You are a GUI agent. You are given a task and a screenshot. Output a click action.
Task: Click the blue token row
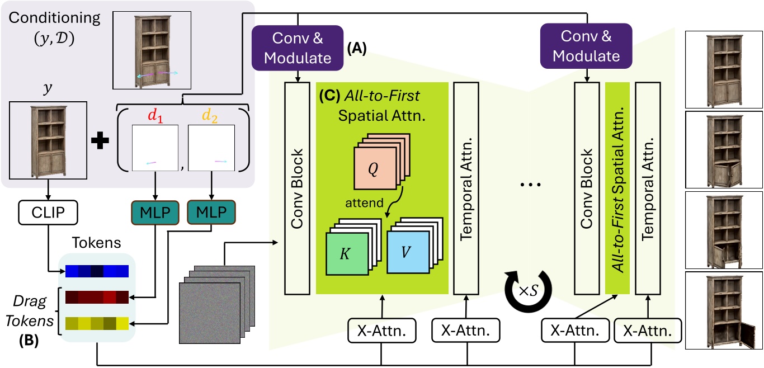point(97,271)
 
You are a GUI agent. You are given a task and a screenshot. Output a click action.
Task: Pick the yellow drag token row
point(97,323)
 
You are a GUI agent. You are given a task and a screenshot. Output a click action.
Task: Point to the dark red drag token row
point(97,296)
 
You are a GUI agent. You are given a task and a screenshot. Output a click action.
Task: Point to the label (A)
point(357,50)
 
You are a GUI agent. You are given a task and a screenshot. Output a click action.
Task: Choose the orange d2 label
point(210,116)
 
